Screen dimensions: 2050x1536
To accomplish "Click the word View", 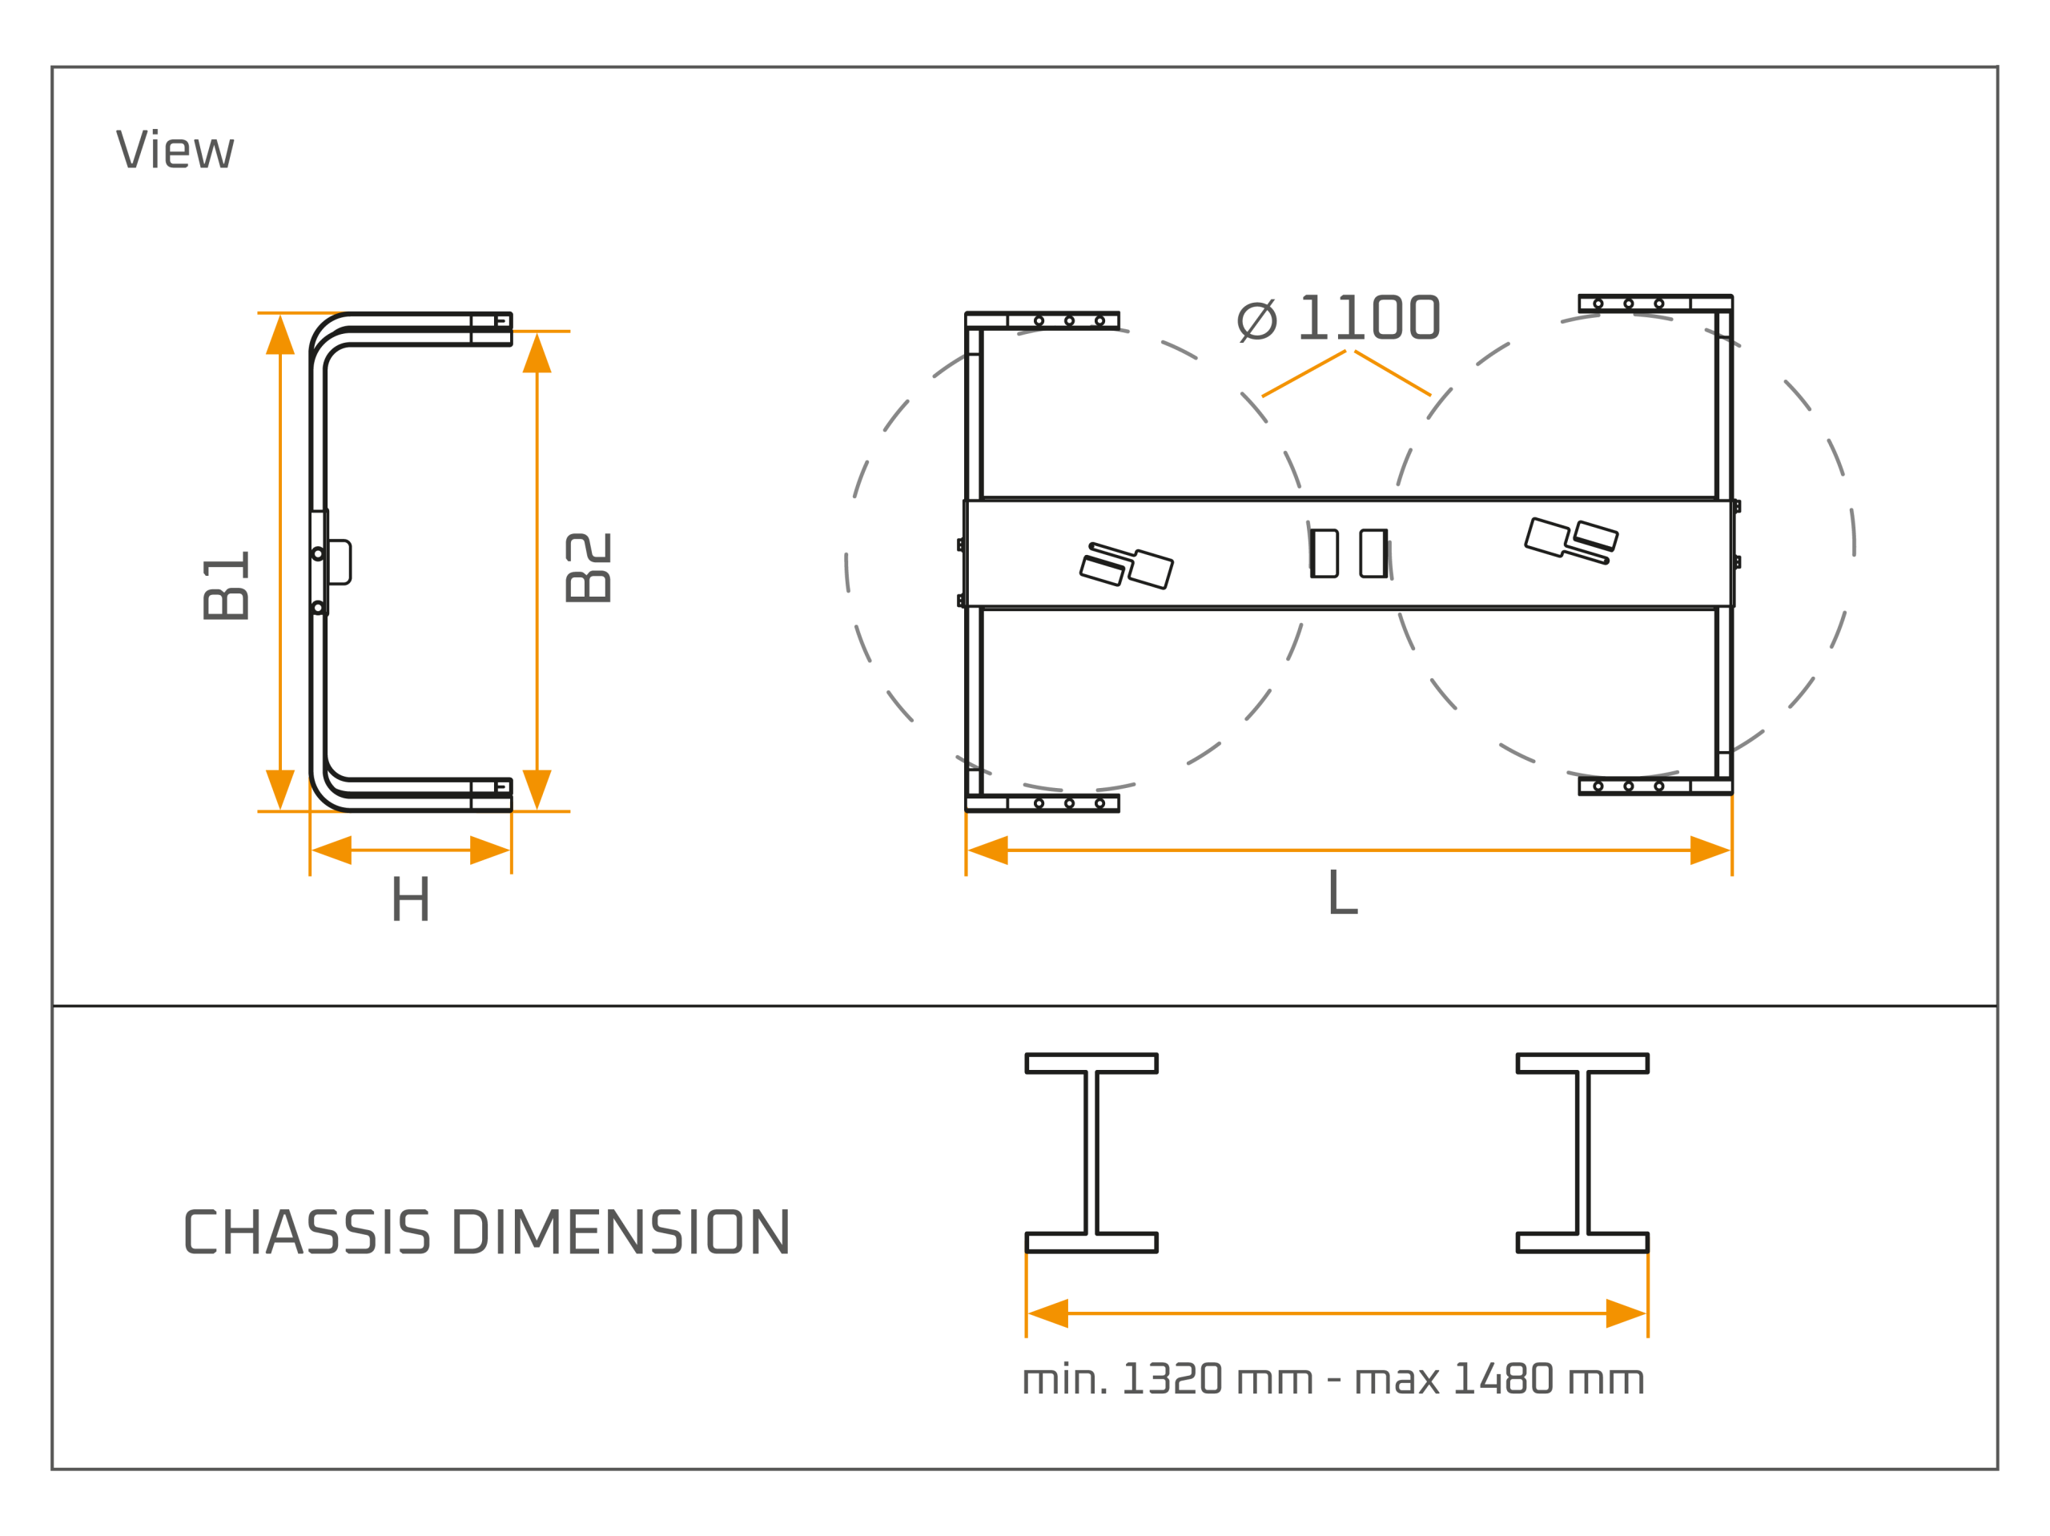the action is coord(175,148).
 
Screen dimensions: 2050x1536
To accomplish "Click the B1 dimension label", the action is coord(226,585).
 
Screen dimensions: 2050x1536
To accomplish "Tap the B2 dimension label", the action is coord(588,567).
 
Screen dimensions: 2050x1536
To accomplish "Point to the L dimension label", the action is coord(1343,892).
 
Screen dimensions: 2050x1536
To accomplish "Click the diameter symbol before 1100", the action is coord(1257,320).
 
